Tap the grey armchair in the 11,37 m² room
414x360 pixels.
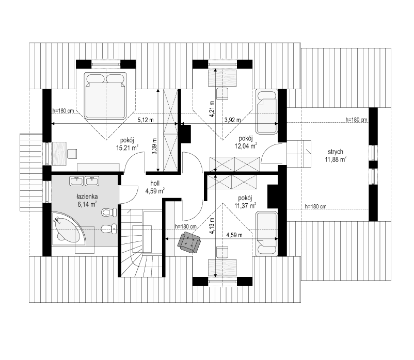pos(189,242)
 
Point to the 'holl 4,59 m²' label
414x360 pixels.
pos(155,187)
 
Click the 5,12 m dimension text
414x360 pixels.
pos(146,120)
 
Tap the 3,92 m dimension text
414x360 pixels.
pos(233,120)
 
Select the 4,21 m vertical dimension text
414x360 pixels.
pos(212,109)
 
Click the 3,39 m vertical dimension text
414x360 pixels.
pos(155,146)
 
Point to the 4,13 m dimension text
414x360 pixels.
pos(212,226)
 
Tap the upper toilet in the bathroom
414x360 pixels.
pos(109,212)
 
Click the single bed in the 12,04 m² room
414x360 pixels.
pos(267,112)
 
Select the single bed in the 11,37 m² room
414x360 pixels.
pos(267,234)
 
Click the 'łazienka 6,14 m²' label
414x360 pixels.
pos(87,200)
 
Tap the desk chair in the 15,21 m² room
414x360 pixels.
pos(72,154)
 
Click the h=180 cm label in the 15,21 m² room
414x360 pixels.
pos(63,111)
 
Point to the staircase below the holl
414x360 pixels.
pos(142,243)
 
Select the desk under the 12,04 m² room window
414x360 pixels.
pos(222,78)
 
